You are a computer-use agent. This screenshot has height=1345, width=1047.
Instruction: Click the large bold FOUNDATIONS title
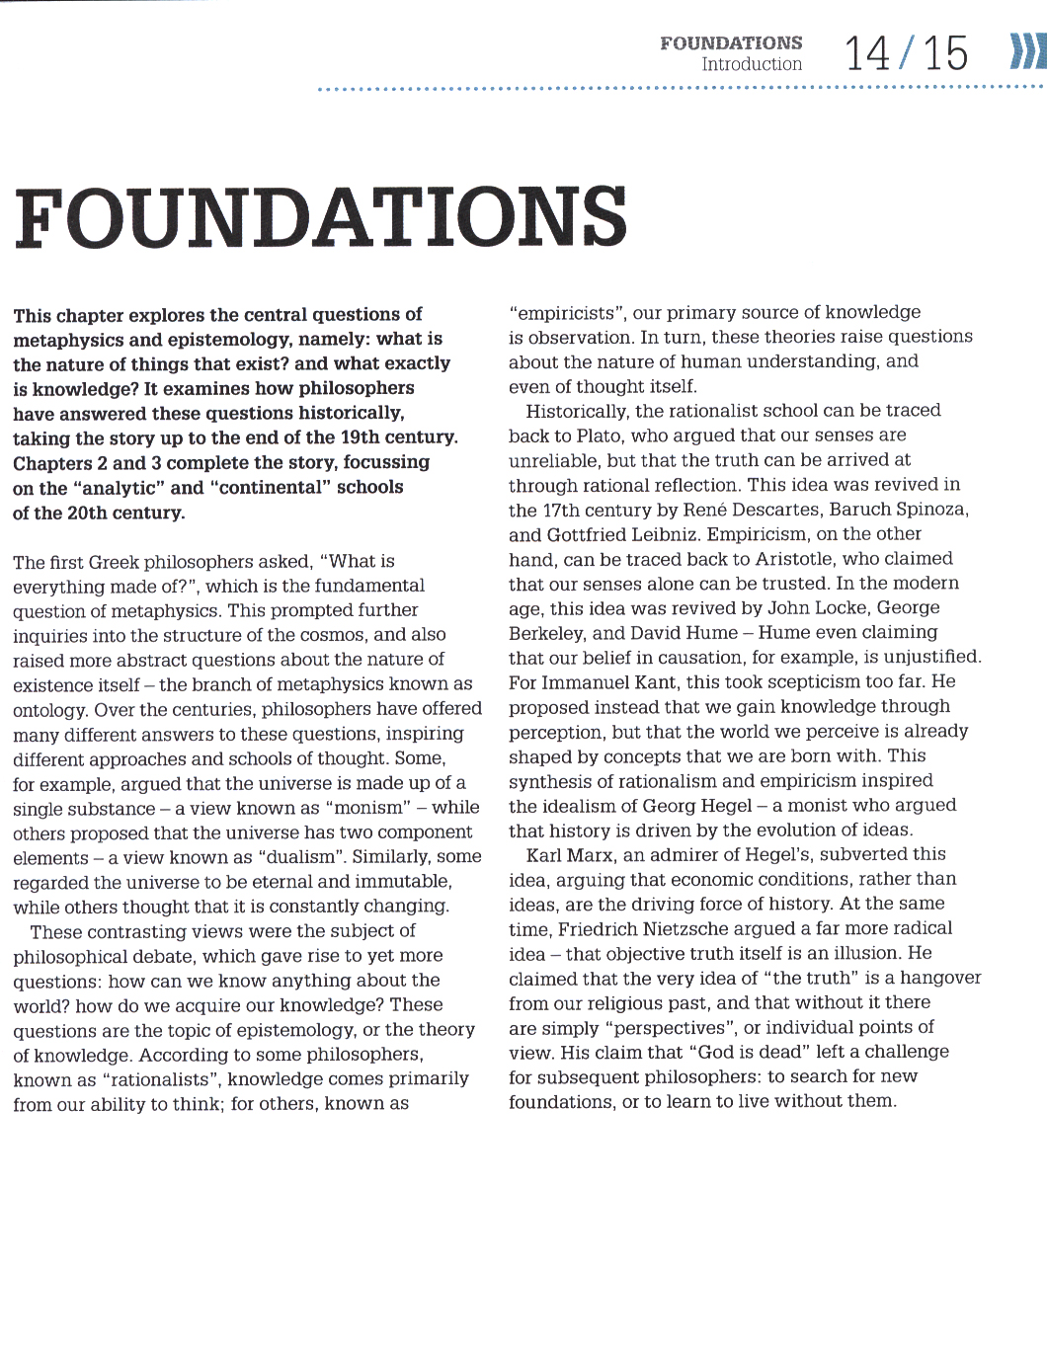321,216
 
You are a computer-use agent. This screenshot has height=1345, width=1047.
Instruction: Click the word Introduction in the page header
752,64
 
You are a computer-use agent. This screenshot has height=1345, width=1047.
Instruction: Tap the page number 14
866,53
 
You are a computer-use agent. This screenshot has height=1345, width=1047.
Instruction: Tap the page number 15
945,53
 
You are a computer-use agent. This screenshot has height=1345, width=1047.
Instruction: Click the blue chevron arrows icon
1027,51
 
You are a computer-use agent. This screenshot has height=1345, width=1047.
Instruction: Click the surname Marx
593,855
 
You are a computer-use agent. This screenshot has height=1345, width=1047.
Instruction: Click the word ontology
49,710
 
